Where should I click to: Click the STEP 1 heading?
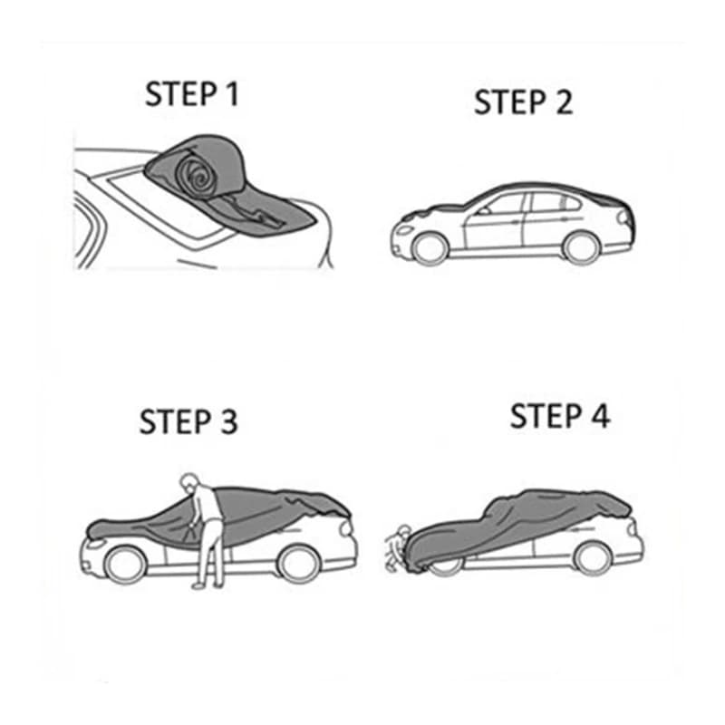[x=192, y=94]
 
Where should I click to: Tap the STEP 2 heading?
[x=524, y=102]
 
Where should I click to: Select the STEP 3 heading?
[x=188, y=421]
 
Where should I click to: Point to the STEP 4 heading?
[x=560, y=416]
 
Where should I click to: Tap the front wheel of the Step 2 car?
[x=430, y=248]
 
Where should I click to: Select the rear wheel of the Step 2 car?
[x=581, y=247]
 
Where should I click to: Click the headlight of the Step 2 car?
[x=404, y=230]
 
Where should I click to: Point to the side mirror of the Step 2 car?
[x=484, y=211]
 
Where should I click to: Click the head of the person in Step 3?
[x=188, y=482]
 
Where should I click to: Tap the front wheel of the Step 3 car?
[x=125, y=565]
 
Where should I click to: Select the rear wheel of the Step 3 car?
[x=299, y=564]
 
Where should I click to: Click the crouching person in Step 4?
[x=397, y=548]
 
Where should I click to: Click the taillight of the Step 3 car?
[x=347, y=529]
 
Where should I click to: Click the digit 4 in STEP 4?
[x=601, y=416]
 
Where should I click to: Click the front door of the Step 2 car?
[x=494, y=222]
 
